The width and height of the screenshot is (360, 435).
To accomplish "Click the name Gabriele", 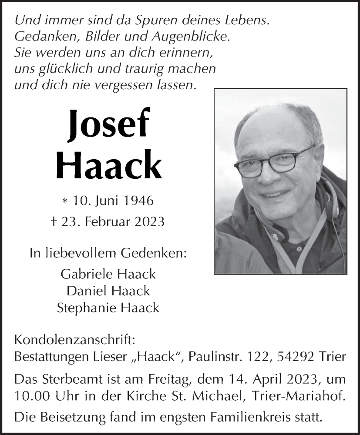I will (x=86, y=274).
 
